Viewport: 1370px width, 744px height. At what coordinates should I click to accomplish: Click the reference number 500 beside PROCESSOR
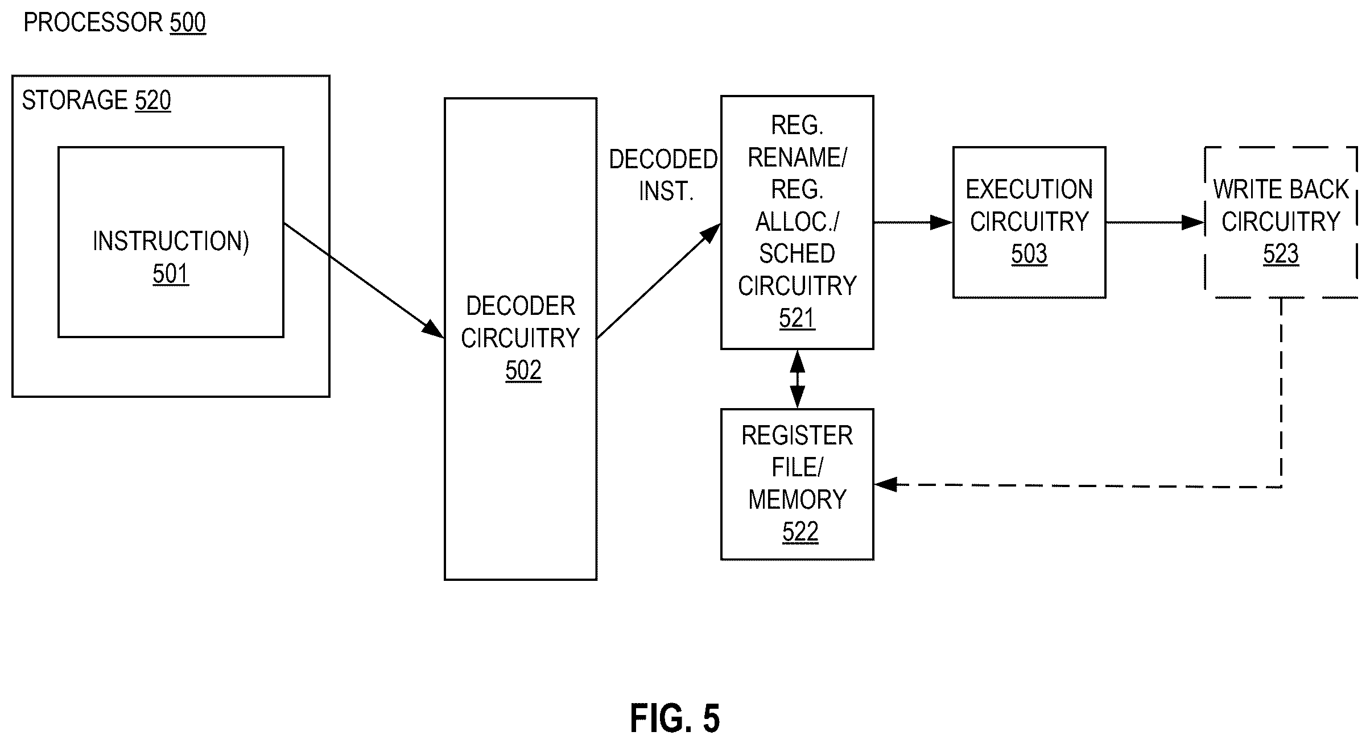188,23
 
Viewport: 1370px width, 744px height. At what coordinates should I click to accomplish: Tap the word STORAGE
75,101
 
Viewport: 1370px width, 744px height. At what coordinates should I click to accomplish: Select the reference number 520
153,101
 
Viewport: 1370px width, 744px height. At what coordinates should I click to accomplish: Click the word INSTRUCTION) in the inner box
171,241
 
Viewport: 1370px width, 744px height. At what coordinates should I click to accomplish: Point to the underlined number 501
171,274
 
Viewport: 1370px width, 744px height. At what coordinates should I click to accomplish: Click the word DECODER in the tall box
521,306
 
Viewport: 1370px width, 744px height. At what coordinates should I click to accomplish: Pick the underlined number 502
523,371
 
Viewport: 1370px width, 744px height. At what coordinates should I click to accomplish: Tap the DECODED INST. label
664,176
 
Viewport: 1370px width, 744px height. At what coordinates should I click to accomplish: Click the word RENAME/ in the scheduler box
797,157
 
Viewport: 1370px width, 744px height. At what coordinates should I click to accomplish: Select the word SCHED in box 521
797,253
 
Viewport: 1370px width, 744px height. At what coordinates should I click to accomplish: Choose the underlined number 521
797,318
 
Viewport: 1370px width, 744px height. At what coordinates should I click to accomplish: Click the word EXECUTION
1029,189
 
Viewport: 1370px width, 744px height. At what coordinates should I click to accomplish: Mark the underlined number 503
1029,254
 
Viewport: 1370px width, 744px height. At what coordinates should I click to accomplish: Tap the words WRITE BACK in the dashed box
1281,189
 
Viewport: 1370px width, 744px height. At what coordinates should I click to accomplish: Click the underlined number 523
1281,254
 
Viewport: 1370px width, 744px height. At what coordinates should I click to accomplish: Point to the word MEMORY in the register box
797,500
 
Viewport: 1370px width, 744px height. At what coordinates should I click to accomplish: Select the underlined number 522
800,532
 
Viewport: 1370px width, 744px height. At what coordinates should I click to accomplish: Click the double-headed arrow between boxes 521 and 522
798,379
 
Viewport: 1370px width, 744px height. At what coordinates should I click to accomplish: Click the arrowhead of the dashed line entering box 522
885,485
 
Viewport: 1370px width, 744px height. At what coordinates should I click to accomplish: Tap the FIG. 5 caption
675,718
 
